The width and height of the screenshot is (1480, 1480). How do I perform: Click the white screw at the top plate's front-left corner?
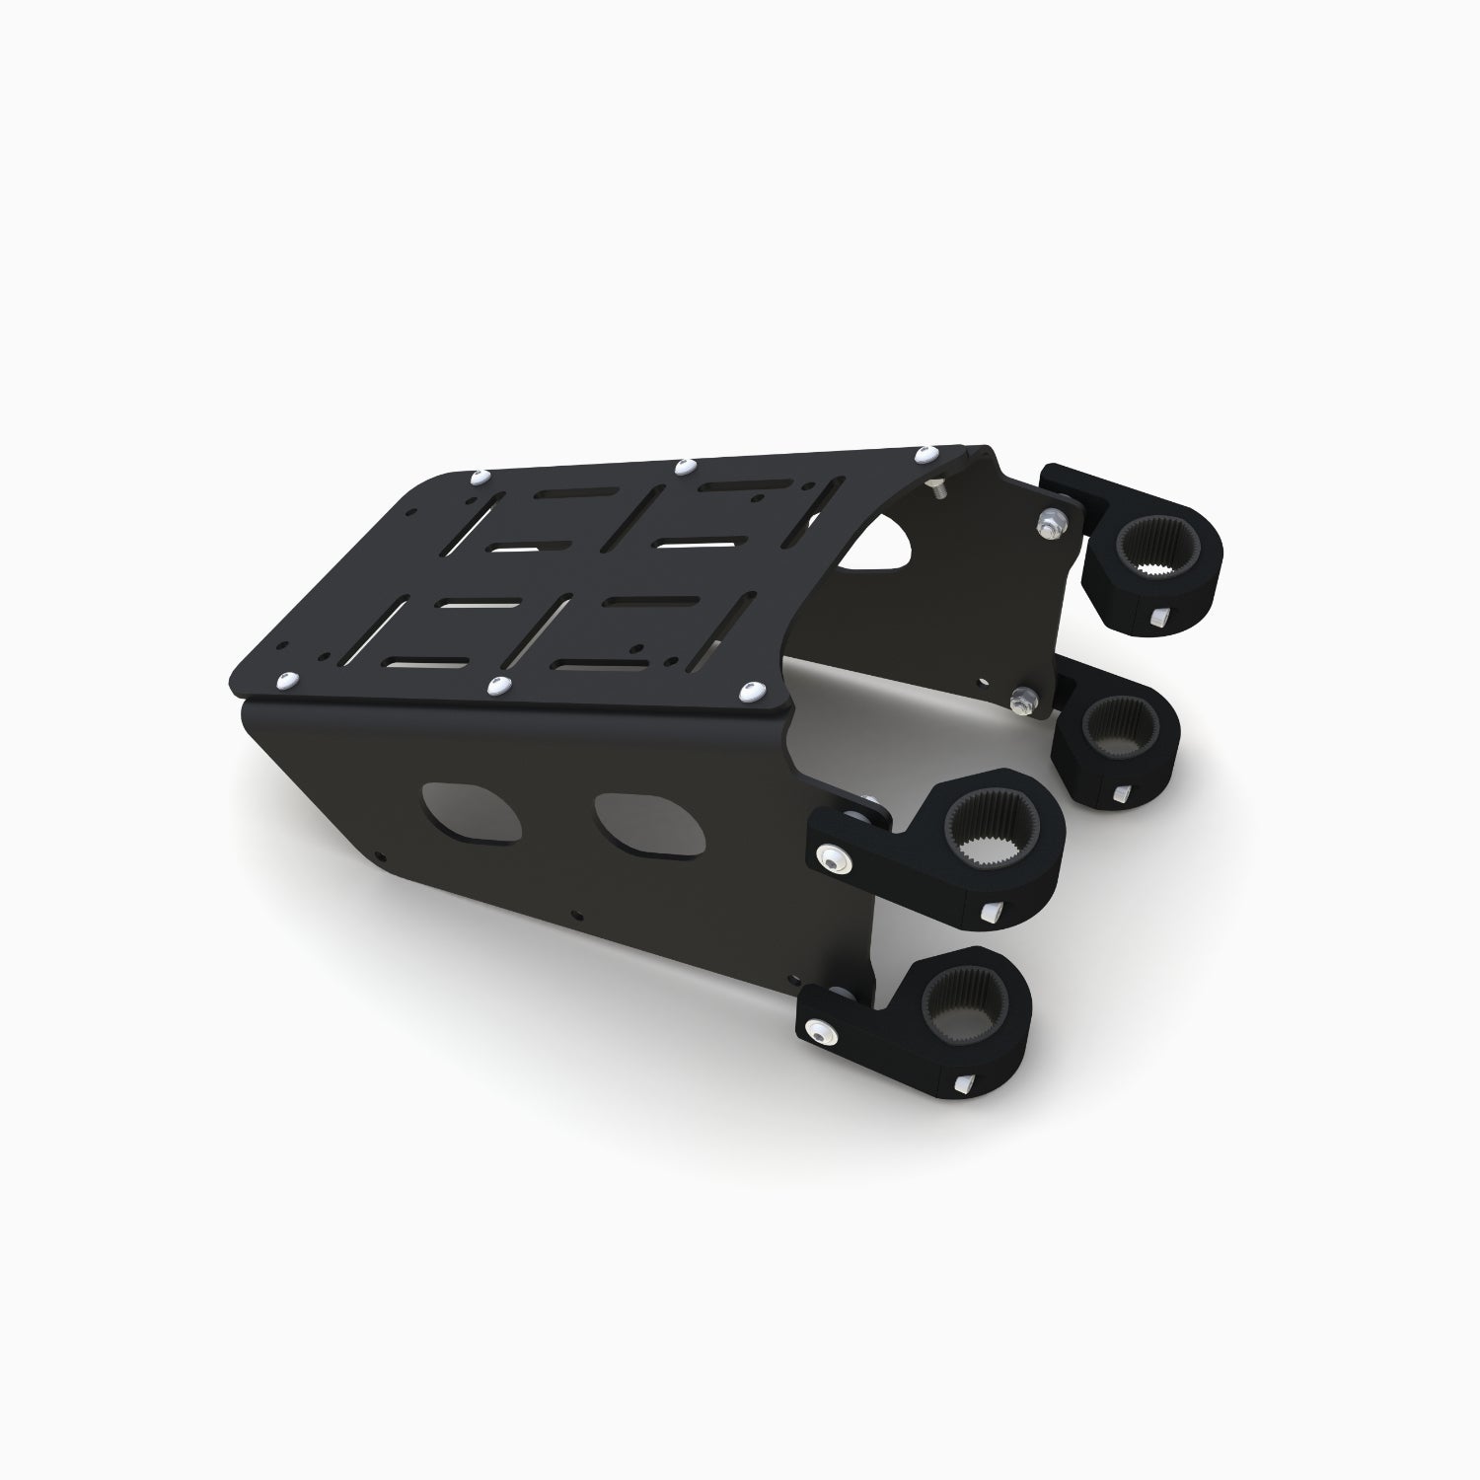coord(288,680)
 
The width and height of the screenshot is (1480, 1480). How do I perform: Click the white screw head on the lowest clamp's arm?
coord(822,1030)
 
